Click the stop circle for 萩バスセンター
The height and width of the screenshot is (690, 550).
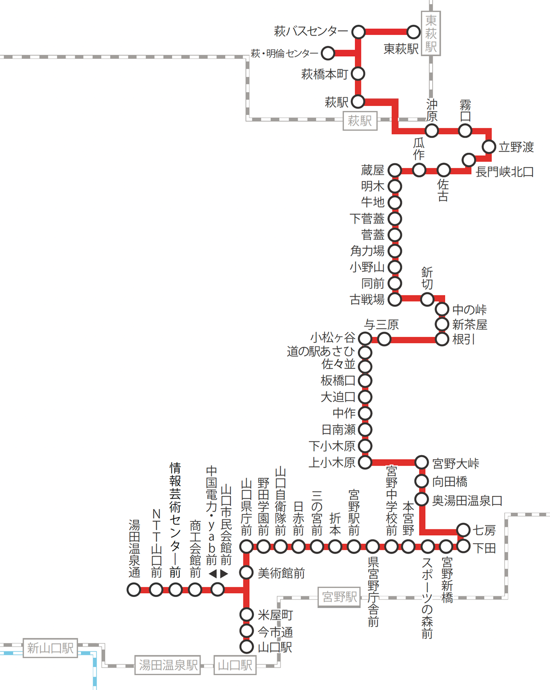pyautogui.click(x=358, y=32)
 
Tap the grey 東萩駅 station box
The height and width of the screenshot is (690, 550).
pyautogui.click(x=431, y=33)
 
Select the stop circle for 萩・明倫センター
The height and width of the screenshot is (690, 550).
pyautogui.click(x=328, y=53)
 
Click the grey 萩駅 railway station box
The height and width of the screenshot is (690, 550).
pyautogui.click(x=360, y=121)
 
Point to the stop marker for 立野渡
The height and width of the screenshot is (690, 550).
pyautogui.click(x=489, y=146)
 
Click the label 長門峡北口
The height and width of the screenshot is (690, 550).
pyautogui.click(x=505, y=172)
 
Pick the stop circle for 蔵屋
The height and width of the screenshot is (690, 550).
pyautogui.click(x=394, y=170)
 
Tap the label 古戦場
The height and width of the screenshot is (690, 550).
pyautogui.click(x=367, y=300)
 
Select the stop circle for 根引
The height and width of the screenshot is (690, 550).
pyautogui.click(x=442, y=339)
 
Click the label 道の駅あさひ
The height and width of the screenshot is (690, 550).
pyautogui.click(x=321, y=352)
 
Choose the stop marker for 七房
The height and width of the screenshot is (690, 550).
pyautogui.click(x=463, y=530)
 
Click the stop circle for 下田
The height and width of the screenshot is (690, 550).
pyautogui.click(x=463, y=547)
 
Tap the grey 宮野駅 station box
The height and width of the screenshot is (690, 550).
pyautogui.click(x=339, y=597)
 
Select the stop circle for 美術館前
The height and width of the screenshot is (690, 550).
pyautogui.click(x=246, y=572)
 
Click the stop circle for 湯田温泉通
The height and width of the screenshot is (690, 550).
pyautogui.click(x=134, y=589)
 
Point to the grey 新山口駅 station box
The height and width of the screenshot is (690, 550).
pyautogui.click(x=50, y=648)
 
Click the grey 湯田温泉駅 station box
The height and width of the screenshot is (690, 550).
pyautogui.click(x=168, y=665)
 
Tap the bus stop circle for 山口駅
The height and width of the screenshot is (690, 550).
pyautogui.click(x=246, y=647)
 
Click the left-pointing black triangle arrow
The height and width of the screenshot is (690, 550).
pyautogui.click(x=213, y=574)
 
